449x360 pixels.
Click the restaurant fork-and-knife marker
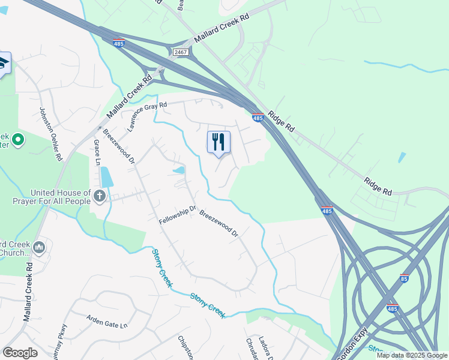(x=218, y=143)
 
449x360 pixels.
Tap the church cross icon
(x=100, y=196)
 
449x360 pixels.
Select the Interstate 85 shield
(x=405, y=279)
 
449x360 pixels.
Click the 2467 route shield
(x=181, y=53)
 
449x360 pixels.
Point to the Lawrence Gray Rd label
(x=146, y=116)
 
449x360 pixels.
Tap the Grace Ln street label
(x=97, y=152)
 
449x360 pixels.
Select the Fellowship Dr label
(x=178, y=215)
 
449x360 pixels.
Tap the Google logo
(x=20, y=353)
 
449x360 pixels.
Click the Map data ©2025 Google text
(x=412, y=355)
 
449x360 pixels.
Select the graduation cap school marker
(x=3, y=64)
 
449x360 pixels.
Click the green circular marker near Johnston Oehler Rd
(x=18, y=140)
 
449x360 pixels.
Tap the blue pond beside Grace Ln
(x=106, y=176)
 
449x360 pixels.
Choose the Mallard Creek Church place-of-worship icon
(x=39, y=247)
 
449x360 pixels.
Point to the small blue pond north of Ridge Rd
(x=402, y=157)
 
